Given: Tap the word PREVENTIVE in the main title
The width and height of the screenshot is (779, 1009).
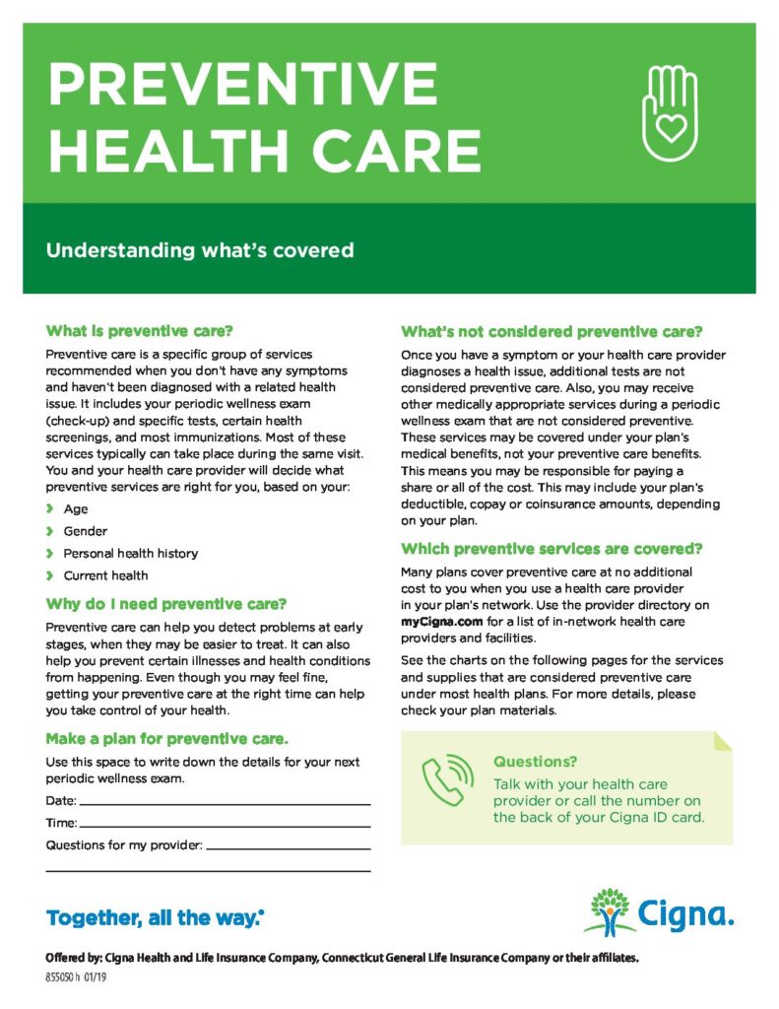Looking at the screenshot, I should [x=229, y=84].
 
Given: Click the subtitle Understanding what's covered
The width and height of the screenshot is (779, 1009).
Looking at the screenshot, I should [x=199, y=250].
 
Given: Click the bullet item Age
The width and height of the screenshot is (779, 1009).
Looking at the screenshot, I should [x=76, y=509].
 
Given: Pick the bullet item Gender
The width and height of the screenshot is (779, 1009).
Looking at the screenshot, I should [x=85, y=531].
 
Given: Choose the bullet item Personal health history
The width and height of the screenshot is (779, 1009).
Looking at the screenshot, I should [x=130, y=554].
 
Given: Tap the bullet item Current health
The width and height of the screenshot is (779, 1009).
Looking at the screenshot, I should [x=105, y=575].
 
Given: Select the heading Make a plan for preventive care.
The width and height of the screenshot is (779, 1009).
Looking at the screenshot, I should [x=167, y=738].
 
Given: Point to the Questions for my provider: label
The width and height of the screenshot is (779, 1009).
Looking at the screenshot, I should [x=124, y=845].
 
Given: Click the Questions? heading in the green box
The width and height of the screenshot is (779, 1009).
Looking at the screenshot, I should [x=535, y=762].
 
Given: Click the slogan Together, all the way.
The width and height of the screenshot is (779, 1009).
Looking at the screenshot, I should [x=154, y=919].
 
